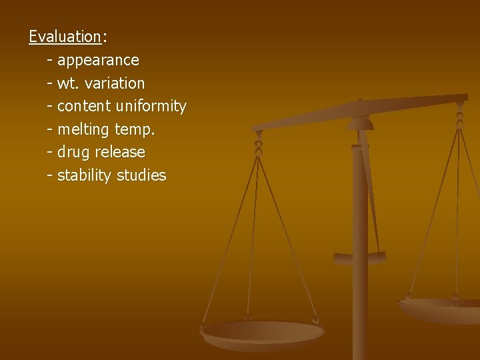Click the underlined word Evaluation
pyautogui.click(x=64, y=37)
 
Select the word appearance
pyautogui.click(x=98, y=61)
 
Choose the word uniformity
pyautogui.click(x=151, y=107)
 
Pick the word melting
pyautogui.click(x=84, y=129)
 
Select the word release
pyautogui.click(x=120, y=152)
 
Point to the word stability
pyautogui.click(x=85, y=175)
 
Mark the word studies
pyautogui.click(x=141, y=175)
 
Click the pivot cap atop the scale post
pyautogui.click(x=361, y=123)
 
